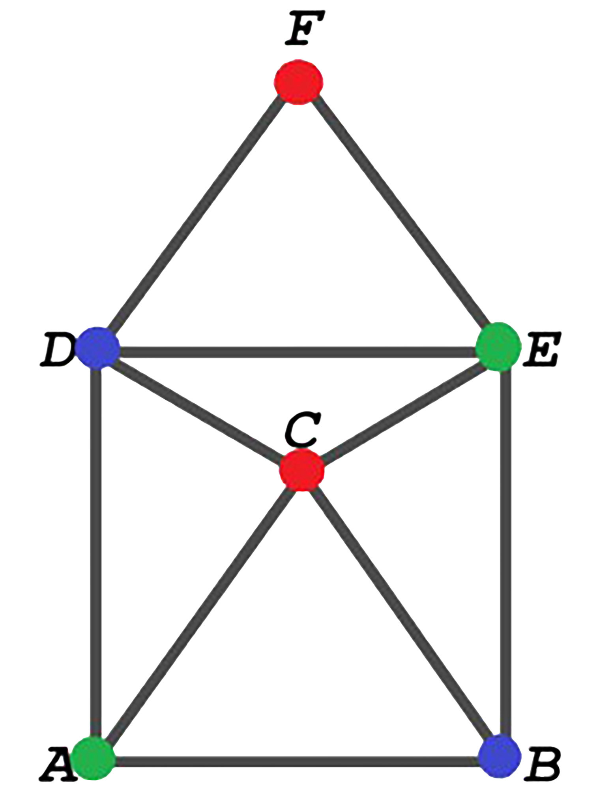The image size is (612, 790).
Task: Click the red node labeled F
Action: click(298, 82)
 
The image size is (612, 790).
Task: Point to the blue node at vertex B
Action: click(499, 756)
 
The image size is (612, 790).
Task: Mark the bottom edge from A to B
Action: click(296, 761)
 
